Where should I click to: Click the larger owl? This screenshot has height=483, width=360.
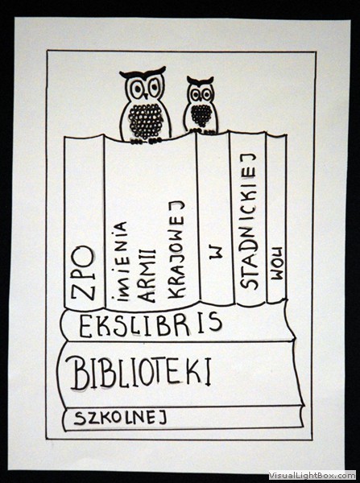(x=145, y=105)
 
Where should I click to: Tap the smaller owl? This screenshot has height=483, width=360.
(x=201, y=105)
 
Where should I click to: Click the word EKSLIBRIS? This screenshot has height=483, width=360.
(x=151, y=324)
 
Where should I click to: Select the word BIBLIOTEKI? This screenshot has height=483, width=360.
(x=142, y=373)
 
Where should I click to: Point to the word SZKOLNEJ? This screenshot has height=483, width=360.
(x=121, y=418)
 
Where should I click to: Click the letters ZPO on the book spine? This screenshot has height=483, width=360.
(x=83, y=273)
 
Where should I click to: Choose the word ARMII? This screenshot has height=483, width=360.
(x=147, y=275)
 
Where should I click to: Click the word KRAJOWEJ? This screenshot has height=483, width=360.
(x=176, y=250)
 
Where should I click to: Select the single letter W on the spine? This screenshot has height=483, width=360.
(x=216, y=253)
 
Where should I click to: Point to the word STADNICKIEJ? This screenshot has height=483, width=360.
(x=248, y=221)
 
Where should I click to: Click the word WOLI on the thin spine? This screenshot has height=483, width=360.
(x=277, y=263)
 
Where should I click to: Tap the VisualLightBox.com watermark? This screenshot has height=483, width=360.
(x=312, y=476)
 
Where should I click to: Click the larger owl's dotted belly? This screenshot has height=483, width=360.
(x=146, y=121)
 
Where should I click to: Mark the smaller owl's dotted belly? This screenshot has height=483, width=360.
(x=201, y=115)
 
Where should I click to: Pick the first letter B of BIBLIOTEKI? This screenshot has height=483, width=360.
(x=81, y=373)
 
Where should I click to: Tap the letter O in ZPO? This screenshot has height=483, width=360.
(x=83, y=255)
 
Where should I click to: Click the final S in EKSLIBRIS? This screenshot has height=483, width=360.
(x=215, y=321)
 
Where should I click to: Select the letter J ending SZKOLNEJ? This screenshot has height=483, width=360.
(x=163, y=418)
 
